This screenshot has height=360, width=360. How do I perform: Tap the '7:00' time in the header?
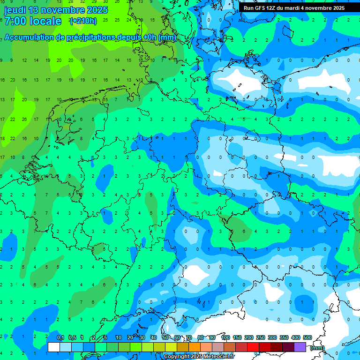(15, 21)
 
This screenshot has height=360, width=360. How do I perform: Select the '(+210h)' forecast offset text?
(83, 21)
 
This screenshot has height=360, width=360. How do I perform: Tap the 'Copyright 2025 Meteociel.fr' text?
(199, 357)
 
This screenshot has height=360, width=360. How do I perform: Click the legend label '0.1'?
(60, 338)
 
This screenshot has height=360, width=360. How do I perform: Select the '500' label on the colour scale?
(307, 338)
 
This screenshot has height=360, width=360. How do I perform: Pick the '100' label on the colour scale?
(225, 338)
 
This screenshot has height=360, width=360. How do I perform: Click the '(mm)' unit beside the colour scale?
(317, 348)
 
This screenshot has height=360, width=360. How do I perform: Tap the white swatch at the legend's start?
(54, 347)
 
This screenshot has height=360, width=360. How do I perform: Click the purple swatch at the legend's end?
(300, 347)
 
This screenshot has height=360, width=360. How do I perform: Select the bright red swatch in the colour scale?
(253, 347)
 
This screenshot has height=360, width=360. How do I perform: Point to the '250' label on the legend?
(261, 338)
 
